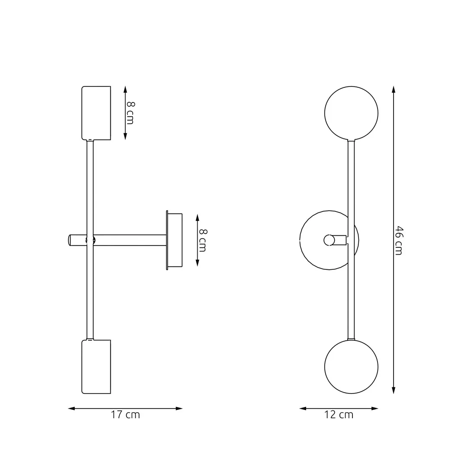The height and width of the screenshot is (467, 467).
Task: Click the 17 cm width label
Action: [x=125, y=415]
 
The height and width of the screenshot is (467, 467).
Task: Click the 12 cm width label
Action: [x=339, y=415]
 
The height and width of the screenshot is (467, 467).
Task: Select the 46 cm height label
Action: [x=398, y=240]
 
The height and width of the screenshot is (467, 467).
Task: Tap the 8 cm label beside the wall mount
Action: [x=202, y=240]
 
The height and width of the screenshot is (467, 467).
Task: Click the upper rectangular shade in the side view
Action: [x=96, y=113]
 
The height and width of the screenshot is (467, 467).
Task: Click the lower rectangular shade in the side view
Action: [x=96, y=367]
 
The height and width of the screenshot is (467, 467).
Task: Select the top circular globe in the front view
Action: [x=351, y=113]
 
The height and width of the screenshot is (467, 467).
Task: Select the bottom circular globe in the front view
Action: [x=351, y=367]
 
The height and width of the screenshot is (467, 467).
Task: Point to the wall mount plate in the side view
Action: [x=175, y=240]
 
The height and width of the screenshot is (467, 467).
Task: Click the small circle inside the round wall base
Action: [x=329, y=240]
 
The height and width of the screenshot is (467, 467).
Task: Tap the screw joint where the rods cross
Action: [x=90, y=240]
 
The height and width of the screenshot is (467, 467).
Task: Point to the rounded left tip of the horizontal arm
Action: [x=70, y=240]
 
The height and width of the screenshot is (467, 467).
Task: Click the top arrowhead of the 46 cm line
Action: [x=393, y=89]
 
